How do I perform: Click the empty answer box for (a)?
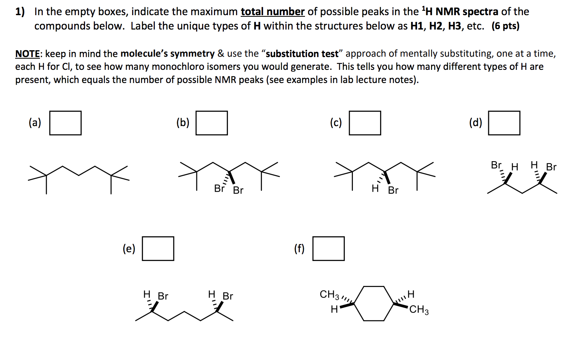(65, 123)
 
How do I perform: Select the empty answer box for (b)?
(212, 123)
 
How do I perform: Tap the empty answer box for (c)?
(365, 123)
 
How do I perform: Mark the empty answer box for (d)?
(504, 123)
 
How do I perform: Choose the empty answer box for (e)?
(158, 249)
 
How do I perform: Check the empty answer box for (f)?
(329, 249)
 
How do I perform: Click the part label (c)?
(336, 123)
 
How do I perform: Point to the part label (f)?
(299, 249)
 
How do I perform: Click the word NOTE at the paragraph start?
(28, 54)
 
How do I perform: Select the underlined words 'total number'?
(273, 12)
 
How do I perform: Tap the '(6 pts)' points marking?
(505, 26)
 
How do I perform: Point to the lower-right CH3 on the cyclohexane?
(419, 310)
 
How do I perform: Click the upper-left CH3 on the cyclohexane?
(329, 295)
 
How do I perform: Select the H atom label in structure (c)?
(375, 188)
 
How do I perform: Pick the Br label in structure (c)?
(393, 190)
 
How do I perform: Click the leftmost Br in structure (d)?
(496, 165)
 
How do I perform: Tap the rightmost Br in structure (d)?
(551, 167)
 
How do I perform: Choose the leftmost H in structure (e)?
(147, 295)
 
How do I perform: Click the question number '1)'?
(20, 12)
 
